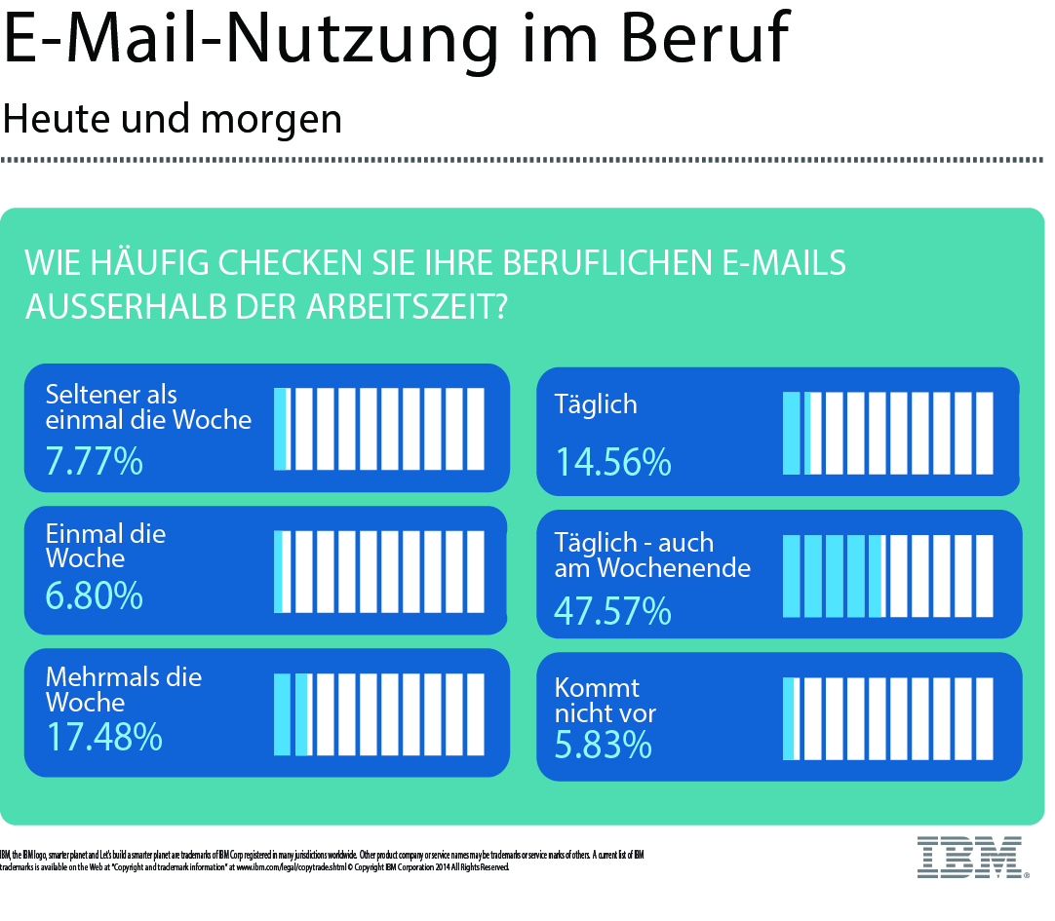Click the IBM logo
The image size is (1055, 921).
coord(970,856)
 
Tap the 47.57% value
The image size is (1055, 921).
coord(612,610)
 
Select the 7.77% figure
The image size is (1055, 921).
coord(94,460)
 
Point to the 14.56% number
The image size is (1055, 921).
coord(612,462)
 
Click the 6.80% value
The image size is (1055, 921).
coord(94,595)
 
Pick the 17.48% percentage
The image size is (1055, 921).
coord(103,737)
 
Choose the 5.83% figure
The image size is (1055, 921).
coord(603,745)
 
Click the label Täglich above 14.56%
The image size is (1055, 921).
coord(595,404)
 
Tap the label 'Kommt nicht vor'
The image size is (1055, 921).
coord(605,700)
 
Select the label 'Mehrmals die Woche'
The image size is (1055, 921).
coord(123,689)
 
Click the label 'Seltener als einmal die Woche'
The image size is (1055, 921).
coord(148,407)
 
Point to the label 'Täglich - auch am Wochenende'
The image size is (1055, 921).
coord(651,556)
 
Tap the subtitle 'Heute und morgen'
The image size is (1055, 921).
coord(173,119)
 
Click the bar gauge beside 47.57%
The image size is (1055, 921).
coord(886,576)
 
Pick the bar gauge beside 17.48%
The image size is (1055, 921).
coord(379,714)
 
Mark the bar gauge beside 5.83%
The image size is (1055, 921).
coord(886,719)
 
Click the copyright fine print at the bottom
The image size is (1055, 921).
coord(322,861)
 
